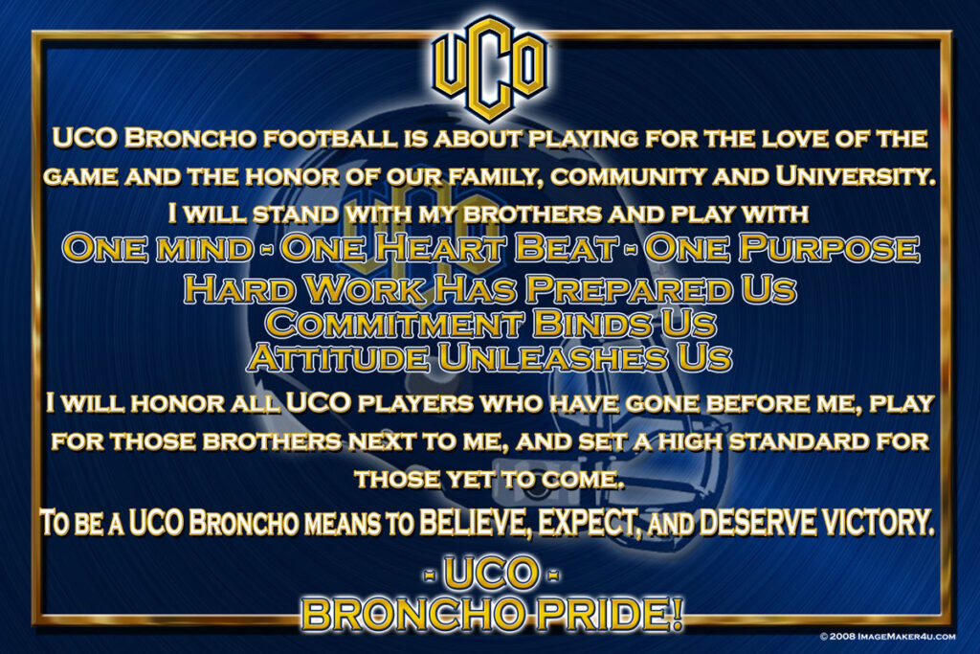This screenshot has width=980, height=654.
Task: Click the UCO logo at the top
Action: coord(490,68)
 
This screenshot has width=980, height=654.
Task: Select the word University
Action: coord(855,176)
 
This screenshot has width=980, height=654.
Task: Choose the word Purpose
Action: coord(830,248)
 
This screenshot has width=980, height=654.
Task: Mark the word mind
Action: coord(205,250)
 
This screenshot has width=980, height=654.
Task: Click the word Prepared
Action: coord(629,289)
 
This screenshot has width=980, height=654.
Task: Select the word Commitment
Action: coord(394,324)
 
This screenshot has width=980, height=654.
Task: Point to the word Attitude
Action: coord(338,358)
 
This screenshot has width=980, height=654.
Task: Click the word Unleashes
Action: coord(552,358)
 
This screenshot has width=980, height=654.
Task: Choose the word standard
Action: coord(799,442)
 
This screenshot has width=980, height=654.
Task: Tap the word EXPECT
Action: coord(590,523)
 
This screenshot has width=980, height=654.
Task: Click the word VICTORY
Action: coord(879,523)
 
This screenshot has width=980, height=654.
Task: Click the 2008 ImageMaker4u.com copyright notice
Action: coord(887,637)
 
